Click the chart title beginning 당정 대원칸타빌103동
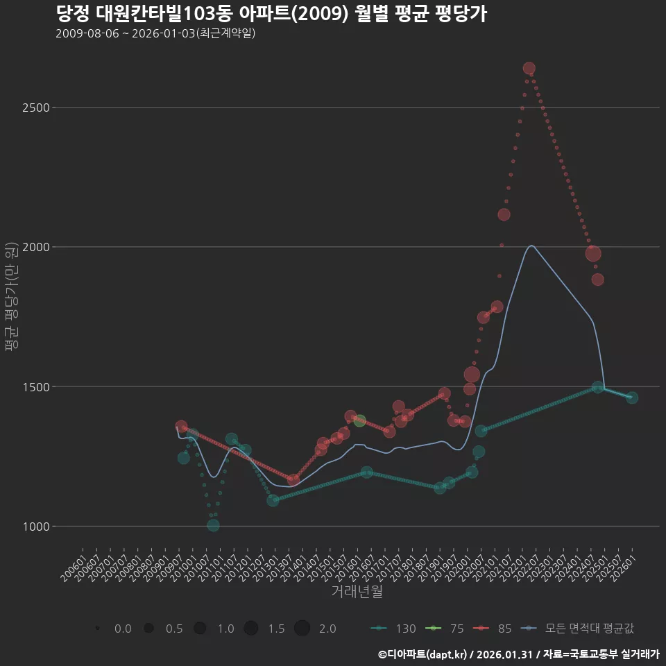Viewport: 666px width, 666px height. coord(271,14)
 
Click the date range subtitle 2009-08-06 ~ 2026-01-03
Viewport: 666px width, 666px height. coord(155,33)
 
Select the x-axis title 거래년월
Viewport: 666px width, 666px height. coord(357,591)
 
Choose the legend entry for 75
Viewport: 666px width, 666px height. coord(446,629)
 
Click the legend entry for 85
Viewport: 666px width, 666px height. coord(494,629)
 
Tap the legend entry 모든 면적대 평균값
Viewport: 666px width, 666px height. coord(579,629)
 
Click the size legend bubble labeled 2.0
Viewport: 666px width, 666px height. coord(302,629)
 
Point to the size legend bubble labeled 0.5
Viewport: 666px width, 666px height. coord(148,629)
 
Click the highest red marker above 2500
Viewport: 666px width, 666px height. coord(529,68)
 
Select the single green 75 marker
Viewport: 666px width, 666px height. coord(359,420)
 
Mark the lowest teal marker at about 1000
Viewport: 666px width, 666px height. coord(213,525)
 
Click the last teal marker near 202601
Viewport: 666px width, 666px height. coord(631,398)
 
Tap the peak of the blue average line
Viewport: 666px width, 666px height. coord(531,246)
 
